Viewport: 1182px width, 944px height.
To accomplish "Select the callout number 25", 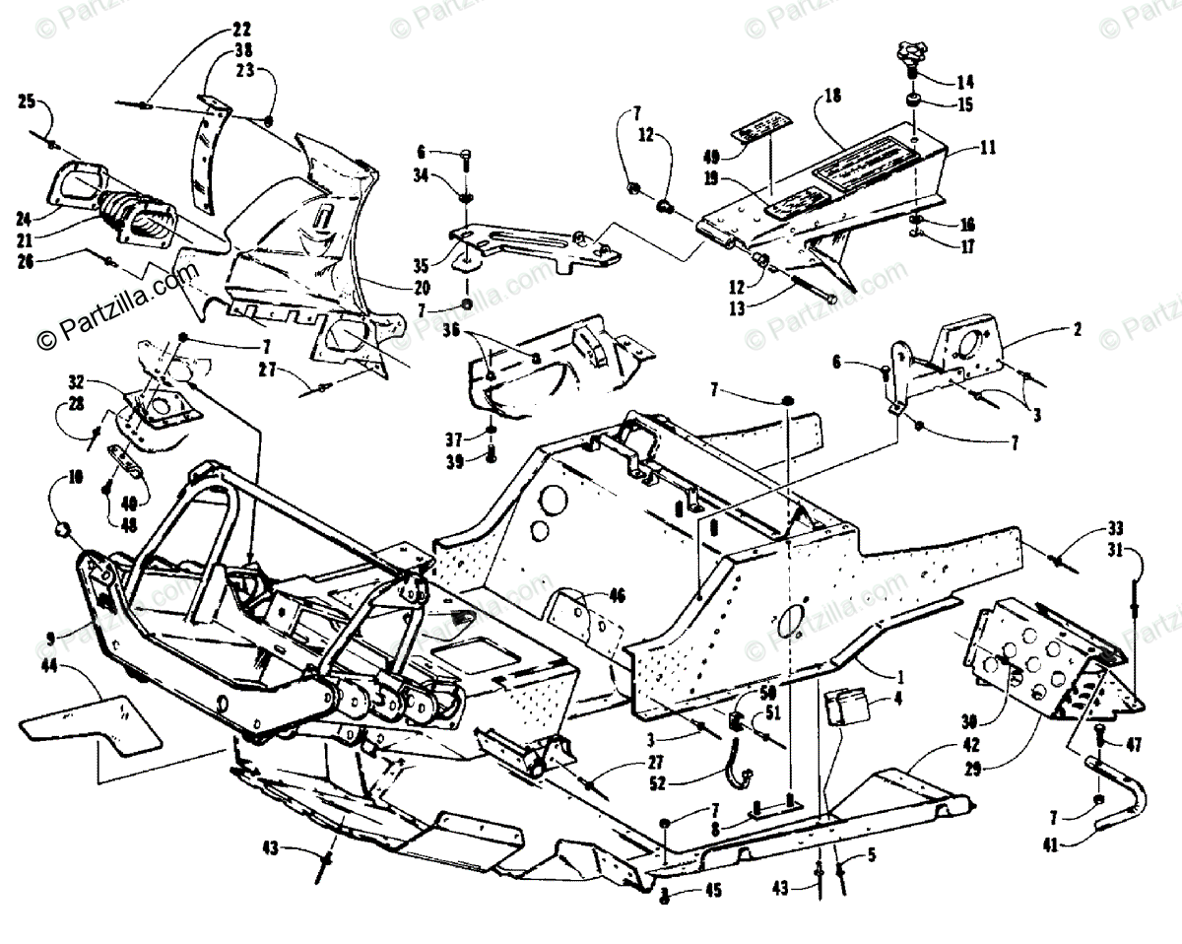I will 27,101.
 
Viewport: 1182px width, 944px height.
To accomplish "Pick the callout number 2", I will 1078,330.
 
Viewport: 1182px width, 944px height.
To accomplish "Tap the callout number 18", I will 834,96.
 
